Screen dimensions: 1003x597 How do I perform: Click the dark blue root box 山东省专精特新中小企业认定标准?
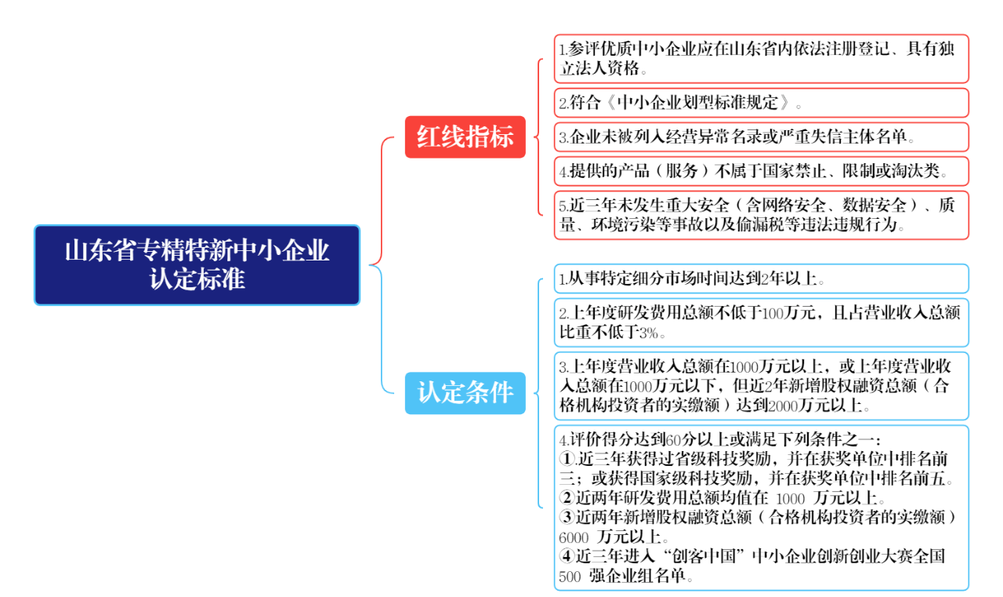coord(197,265)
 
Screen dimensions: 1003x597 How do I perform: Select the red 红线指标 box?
coord(465,137)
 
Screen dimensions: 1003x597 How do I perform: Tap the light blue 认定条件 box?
coord(465,393)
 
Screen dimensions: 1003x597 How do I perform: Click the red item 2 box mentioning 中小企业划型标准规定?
coord(761,103)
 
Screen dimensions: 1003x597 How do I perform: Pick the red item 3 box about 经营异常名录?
coord(761,137)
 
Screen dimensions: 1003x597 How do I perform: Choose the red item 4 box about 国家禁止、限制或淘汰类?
coord(761,171)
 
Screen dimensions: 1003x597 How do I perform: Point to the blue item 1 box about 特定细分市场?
coord(761,278)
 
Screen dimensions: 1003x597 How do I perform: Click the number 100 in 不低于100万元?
coord(773,313)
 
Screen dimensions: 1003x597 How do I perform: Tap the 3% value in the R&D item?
coord(648,333)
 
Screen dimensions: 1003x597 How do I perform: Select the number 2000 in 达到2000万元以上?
coord(783,406)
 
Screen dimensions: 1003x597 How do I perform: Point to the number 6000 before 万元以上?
coord(574,537)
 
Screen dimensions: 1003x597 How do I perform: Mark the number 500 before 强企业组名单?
coord(570,577)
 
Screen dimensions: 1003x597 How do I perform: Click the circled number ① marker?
coord(567,459)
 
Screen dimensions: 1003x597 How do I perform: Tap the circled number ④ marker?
coord(567,557)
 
